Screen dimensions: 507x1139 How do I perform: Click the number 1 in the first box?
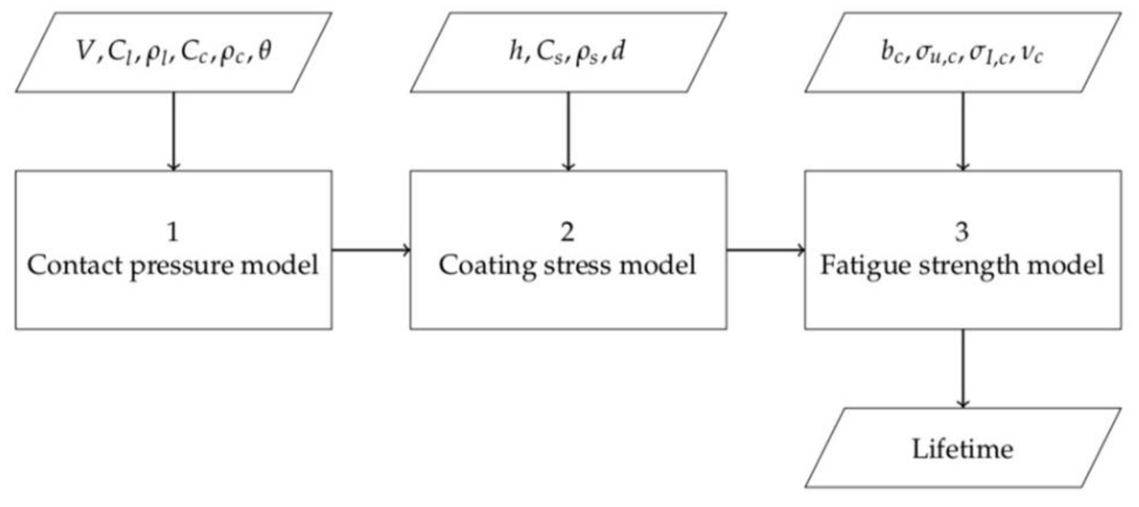[x=173, y=232]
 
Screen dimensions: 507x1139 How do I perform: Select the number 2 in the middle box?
[x=567, y=232]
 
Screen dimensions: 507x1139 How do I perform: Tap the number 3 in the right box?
[x=962, y=232]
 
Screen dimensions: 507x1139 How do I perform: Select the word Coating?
[x=487, y=267]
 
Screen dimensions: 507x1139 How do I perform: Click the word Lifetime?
[x=962, y=449]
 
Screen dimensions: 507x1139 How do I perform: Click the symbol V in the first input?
[x=85, y=51]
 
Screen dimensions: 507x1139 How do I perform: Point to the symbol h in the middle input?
[x=516, y=51]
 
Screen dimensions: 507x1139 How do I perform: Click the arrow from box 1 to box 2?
[x=371, y=250]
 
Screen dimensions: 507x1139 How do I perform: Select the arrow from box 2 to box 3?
[x=765, y=250]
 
